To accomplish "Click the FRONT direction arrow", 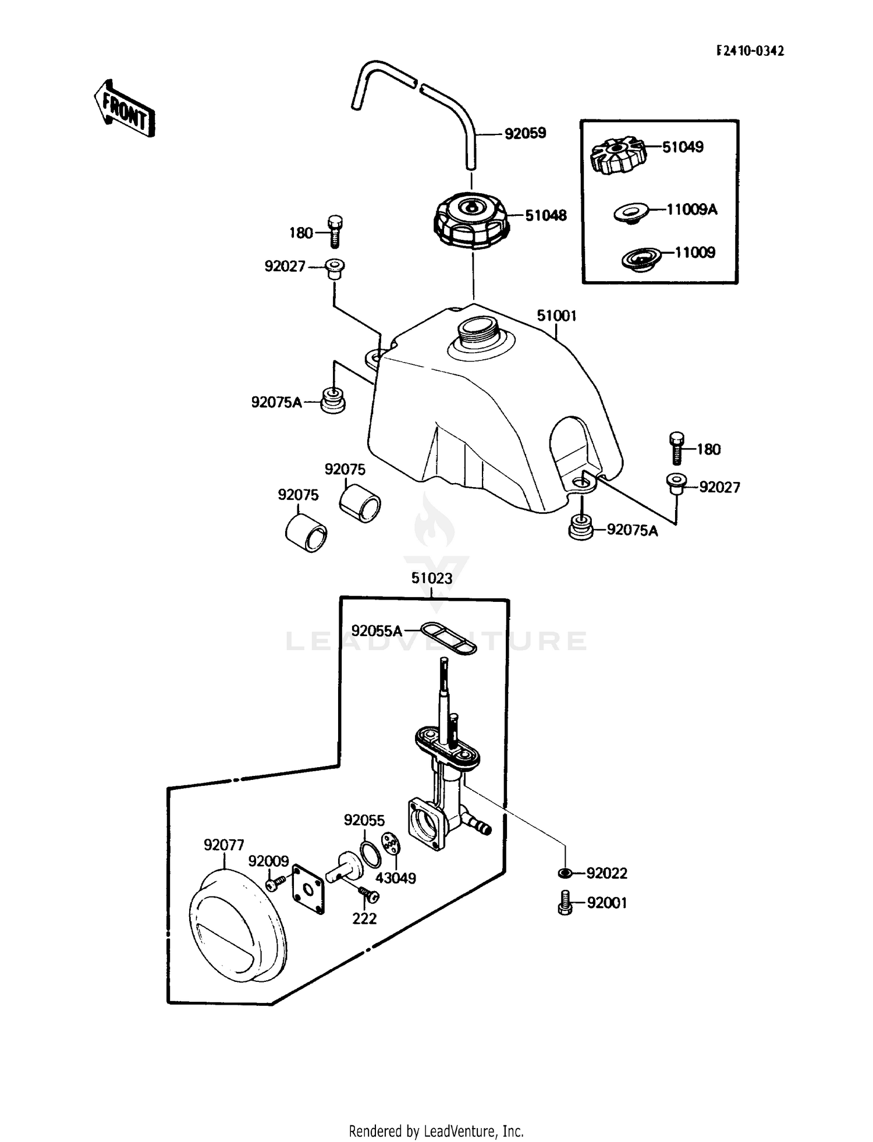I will [x=125, y=109].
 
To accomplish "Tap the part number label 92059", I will [x=525, y=133].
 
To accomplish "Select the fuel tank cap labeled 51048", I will [x=471, y=223].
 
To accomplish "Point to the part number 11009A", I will [x=691, y=210].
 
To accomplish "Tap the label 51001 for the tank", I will [x=556, y=316].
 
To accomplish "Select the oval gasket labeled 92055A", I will [x=449, y=636].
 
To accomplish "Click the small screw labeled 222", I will [x=365, y=892].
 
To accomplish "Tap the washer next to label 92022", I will [x=564, y=873].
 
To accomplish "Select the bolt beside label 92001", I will [x=564, y=903].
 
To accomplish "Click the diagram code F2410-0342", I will [x=750, y=51].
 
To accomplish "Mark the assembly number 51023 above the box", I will [x=431, y=579].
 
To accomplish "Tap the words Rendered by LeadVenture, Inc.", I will [x=436, y=1131].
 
